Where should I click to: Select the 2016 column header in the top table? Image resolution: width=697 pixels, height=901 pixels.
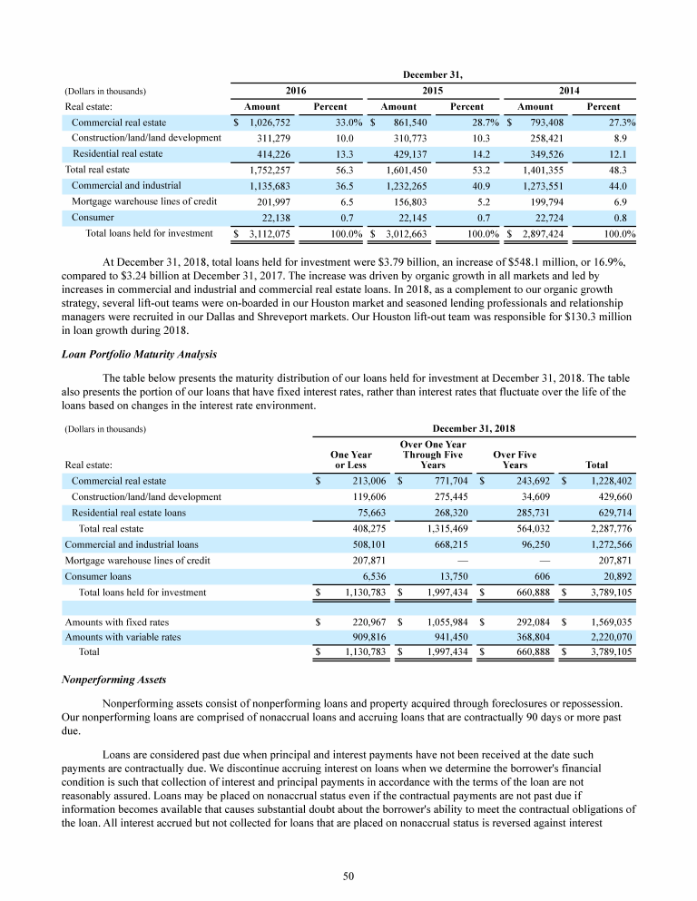point(296,91)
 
